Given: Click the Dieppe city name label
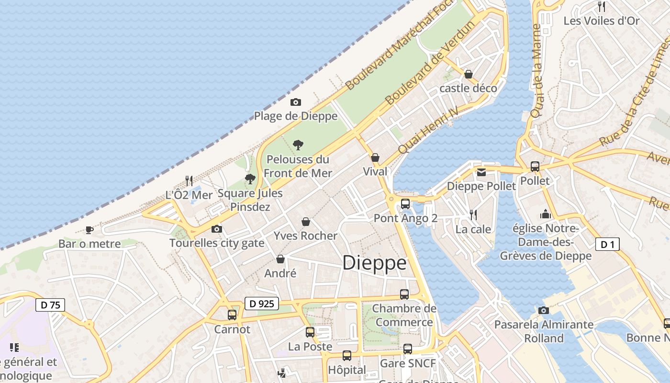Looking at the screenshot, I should point(375,263).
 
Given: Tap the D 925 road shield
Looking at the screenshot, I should point(262,303).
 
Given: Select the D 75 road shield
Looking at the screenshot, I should point(50,305).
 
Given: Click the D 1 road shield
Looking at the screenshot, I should point(607,245).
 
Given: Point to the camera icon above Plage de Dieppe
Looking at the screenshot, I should point(296,102).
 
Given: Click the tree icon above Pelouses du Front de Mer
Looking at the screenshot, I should point(298,145).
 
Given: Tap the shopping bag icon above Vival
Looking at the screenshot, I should point(375,158).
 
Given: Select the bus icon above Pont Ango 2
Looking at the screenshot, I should point(405,204).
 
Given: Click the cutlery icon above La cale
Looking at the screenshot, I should point(473,214).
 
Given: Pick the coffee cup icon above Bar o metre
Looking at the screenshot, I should point(89,230).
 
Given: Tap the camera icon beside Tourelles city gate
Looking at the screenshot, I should point(217,229).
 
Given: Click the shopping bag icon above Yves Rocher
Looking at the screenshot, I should point(306,222).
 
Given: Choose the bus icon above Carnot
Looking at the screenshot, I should point(232,315).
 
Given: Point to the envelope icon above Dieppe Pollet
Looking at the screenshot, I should point(481,172).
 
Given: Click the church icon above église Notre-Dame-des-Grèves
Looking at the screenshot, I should point(546,214).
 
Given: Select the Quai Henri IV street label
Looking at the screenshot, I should point(428,130).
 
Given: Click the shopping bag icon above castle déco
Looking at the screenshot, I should point(469,74).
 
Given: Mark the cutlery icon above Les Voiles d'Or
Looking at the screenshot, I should point(602,7).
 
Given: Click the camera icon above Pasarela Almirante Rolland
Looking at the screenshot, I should point(543,310).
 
